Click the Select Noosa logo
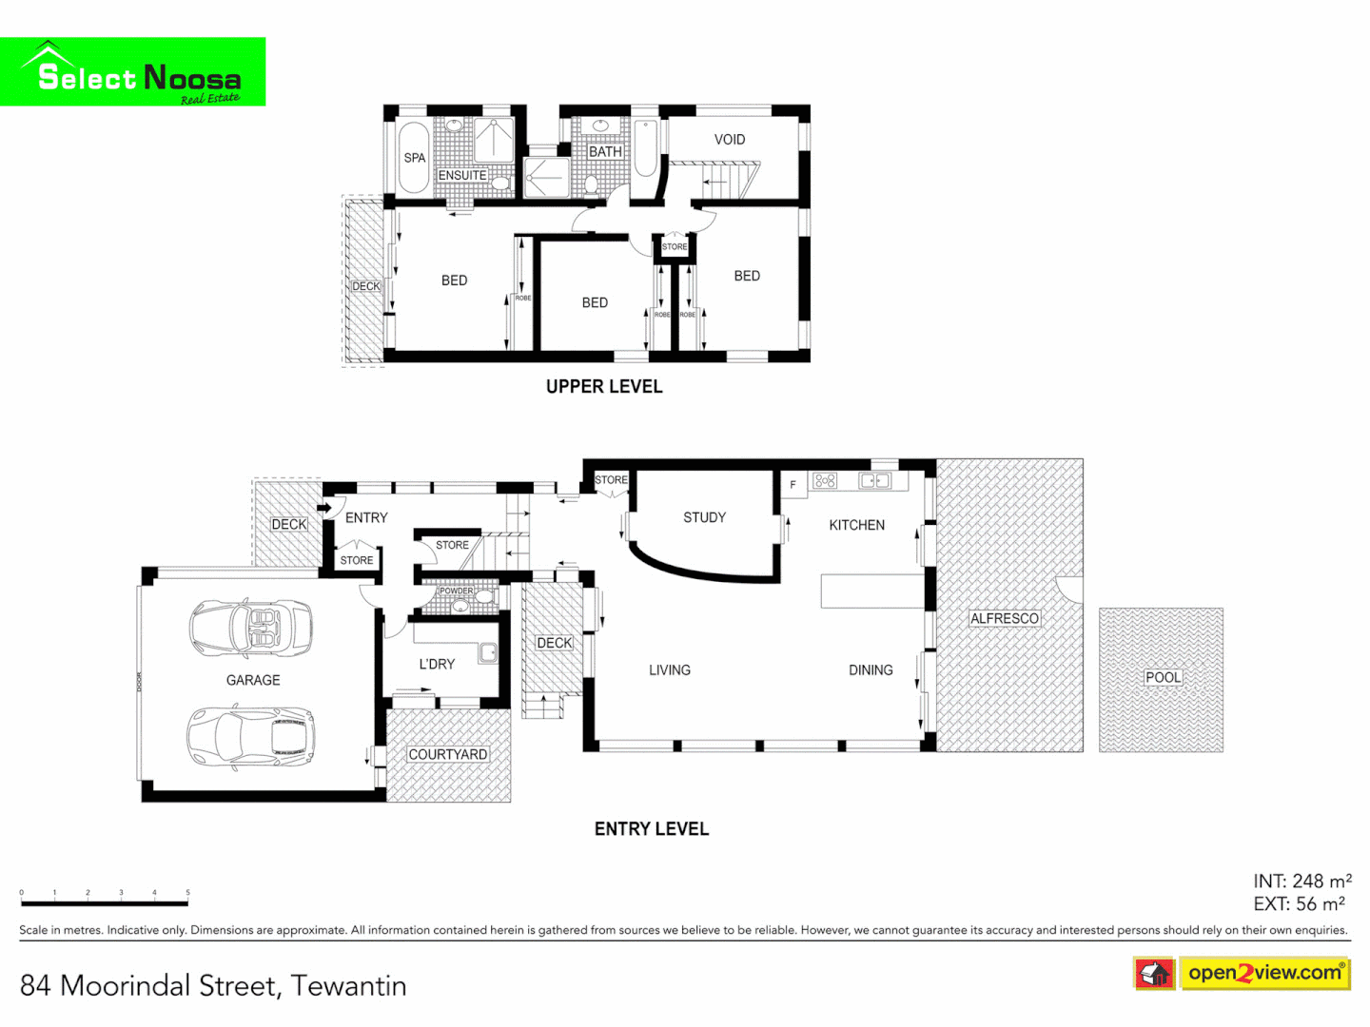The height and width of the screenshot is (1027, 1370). pyautogui.click(x=133, y=72)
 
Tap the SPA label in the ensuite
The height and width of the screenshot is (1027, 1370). pyautogui.click(x=414, y=158)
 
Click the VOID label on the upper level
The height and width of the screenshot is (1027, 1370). pyautogui.click(x=730, y=140)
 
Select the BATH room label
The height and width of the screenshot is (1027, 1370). pyautogui.click(x=605, y=152)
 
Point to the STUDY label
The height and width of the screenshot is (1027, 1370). pyautogui.click(x=704, y=517)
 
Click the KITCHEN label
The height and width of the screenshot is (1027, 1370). pyautogui.click(x=856, y=525)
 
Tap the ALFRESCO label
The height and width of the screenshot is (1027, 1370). pyautogui.click(x=1005, y=618)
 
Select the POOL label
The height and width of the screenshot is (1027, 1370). pyautogui.click(x=1163, y=677)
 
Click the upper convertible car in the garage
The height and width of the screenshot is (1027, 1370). pyautogui.click(x=251, y=628)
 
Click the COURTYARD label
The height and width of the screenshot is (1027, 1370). pyautogui.click(x=448, y=754)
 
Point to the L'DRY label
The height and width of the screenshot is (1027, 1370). pyautogui.click(x=437, y=664)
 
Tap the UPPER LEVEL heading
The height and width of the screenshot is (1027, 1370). pyautogui.click(x=604, y=386)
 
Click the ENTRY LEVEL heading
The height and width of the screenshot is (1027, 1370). pyautogui.click(x=652, y=829)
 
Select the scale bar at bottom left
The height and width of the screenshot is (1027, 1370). pyautogui.click(x=105, y=901)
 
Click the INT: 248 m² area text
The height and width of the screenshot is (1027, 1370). pyautogui.click(x=1301, y=882)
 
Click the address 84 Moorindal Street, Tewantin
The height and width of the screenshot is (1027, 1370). pyautogui.click(x=213, y=986)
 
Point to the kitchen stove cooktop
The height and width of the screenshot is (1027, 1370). pyautogui.click(x=825, y=481)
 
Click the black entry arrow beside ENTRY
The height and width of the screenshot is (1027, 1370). pyautogui.click(x=324, y=509)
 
